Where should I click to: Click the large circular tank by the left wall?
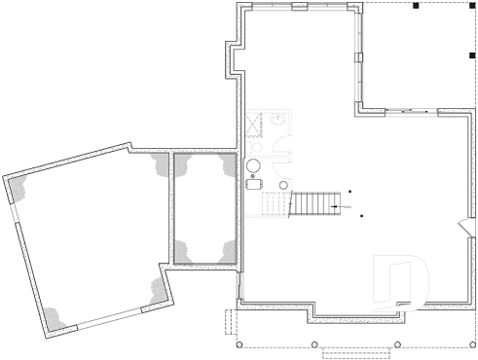point(254,166)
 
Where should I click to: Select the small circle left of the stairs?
point(284,184)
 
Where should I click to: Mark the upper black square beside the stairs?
point(349,193)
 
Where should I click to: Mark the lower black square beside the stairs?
point(361,214)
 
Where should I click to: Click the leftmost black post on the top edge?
point(416,6)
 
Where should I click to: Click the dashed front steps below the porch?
point(356,353)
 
